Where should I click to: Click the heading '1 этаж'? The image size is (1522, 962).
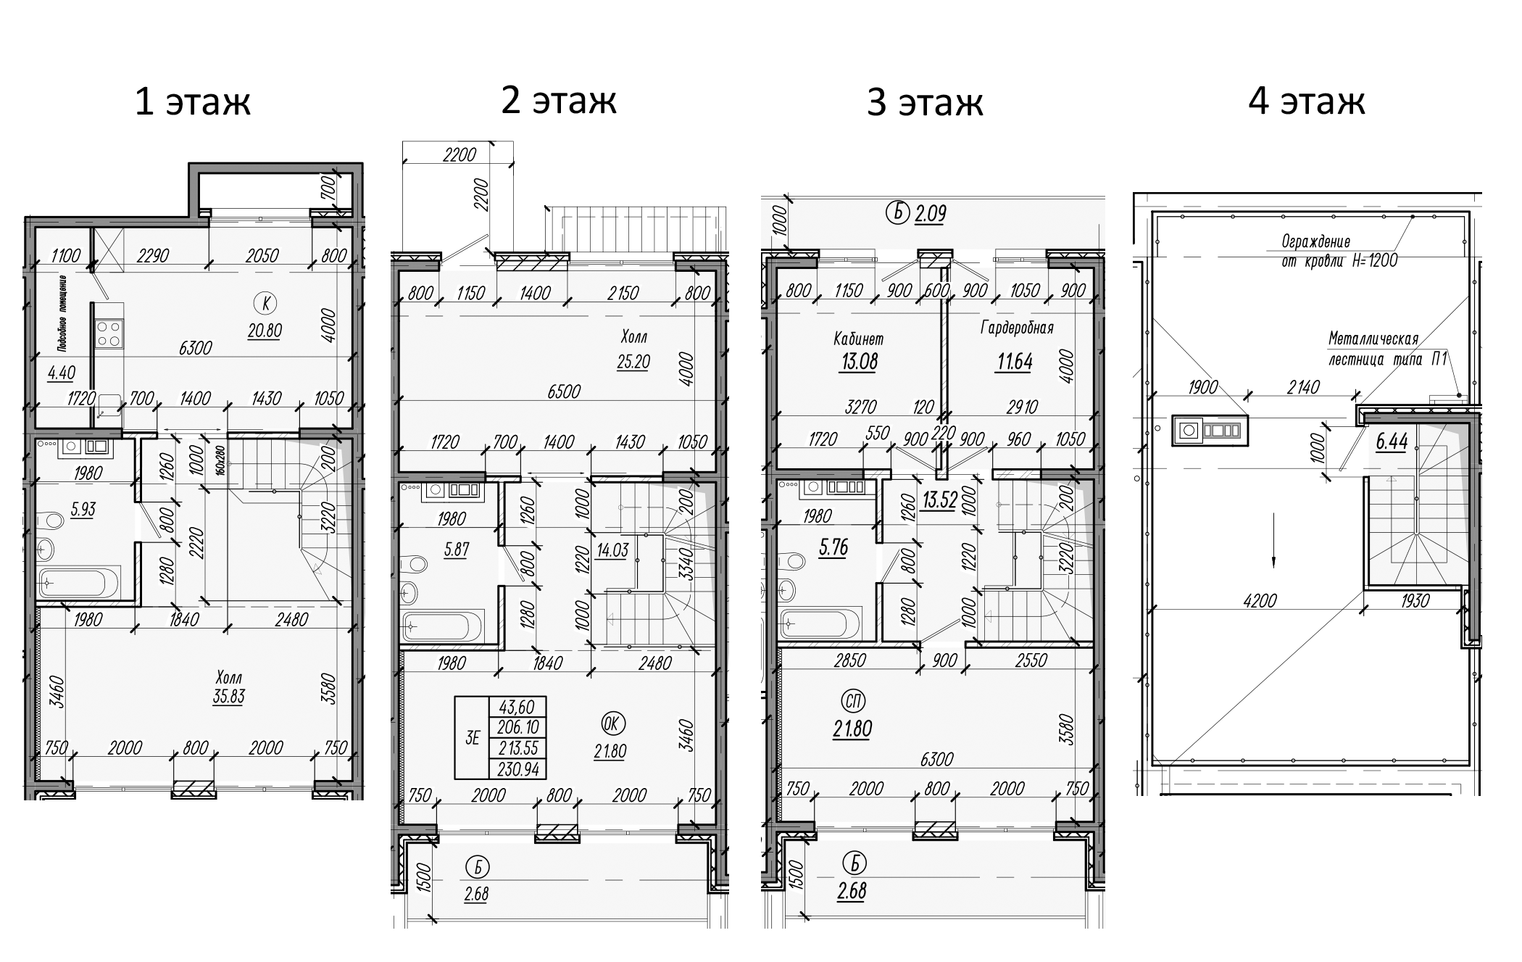point(193,102)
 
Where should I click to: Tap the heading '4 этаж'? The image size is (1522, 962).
point(1306,101)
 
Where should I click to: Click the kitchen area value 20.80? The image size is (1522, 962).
point(264,331)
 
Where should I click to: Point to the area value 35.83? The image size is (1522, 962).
point(228,697)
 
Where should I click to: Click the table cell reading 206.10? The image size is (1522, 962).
point(518,727)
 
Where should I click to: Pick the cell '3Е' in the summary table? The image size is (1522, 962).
point(472,738)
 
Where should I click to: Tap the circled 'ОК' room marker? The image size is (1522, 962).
point(613,723)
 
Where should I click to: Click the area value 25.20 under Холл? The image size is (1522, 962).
point(633,362)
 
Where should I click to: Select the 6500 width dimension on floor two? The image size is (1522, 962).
point(564,391)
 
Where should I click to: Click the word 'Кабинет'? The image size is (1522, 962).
point(859,339)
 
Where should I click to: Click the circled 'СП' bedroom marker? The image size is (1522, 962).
point(853,700)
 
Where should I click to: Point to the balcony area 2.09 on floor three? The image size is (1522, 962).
point(930,214)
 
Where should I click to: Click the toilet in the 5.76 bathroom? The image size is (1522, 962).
point(792,561)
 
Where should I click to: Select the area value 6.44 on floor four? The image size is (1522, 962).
point(1392,441)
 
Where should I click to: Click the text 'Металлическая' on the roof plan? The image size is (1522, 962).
point(1373,339)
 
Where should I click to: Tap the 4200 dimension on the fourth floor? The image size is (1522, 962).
point(1260,600)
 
